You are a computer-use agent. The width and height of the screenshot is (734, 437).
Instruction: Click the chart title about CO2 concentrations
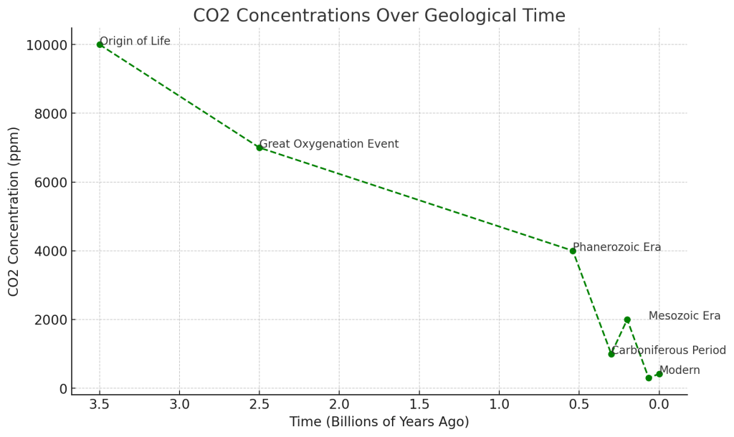378,16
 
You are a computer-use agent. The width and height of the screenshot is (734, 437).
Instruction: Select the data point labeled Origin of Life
100,44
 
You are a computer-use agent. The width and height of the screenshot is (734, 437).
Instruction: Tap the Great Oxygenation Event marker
259,148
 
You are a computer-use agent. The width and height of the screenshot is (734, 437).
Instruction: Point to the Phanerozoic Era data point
573,251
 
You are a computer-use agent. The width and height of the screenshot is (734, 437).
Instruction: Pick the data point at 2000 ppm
627,320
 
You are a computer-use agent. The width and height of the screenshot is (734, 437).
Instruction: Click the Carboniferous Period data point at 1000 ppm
611,354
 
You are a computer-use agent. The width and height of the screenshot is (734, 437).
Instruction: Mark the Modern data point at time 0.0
659,374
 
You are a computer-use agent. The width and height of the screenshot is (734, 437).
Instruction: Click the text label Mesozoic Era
685,316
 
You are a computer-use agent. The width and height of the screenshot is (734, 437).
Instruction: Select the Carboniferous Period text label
668,350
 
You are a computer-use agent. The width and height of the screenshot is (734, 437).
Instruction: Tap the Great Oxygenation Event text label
329,144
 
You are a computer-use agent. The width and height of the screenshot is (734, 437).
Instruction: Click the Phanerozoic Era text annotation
617,247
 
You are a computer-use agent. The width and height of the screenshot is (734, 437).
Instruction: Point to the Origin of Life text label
135,41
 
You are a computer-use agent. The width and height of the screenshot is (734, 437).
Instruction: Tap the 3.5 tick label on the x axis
100,404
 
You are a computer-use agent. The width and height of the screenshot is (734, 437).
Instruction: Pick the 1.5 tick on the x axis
419,404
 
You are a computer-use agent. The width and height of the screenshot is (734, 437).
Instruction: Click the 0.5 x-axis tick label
579,404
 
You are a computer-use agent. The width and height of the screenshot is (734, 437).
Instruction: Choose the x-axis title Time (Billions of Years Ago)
379,422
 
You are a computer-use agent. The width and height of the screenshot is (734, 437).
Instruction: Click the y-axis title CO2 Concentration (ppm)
14,211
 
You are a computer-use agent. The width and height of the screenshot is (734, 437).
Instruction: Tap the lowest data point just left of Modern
649,378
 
